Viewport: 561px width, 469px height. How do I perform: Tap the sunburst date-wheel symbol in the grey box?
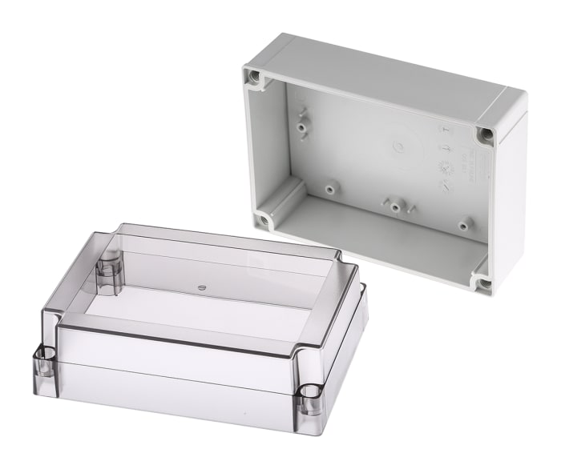coord(446,166)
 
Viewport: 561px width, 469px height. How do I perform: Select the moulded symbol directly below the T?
coord(446,149)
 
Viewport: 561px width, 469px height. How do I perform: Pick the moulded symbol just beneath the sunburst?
coord(446,186)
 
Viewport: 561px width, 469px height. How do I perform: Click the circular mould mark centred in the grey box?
coord(398,146)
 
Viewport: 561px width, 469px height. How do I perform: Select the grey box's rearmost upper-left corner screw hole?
coord(255,77)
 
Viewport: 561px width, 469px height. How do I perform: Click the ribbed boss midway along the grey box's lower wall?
coord(395,206)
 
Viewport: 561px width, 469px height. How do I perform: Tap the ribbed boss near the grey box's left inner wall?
coord(303,126)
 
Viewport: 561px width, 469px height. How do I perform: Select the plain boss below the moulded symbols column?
coord(463,225)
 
